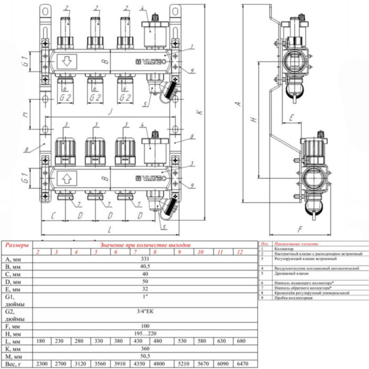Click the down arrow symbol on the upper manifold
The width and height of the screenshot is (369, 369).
pos(66,61)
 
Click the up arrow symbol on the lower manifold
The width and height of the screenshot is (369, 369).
pos(66,178)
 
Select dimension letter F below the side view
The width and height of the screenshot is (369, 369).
pos(299,229)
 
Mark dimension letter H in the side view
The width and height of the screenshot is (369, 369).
pos(254,120)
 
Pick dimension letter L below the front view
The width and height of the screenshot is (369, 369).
pos(109,230)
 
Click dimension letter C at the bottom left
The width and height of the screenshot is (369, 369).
pos(53,216)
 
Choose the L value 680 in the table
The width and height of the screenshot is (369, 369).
pos(241,341)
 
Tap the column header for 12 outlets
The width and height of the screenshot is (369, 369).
pos(241,253)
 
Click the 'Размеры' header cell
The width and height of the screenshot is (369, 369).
pos(17,246)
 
